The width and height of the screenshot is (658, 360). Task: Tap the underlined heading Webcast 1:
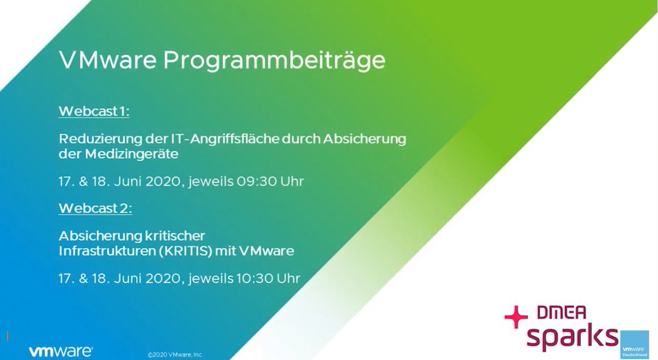click(94, 111)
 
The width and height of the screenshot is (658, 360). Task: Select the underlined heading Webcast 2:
click(95, 208)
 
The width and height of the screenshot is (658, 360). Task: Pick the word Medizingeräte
click(132, 155)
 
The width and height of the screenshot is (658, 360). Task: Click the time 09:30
click(257, 181)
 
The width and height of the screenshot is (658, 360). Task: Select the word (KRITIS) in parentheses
click(185, 252)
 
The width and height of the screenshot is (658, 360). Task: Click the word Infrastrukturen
click(107, 251)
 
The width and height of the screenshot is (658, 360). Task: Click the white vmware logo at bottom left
click(61, 351)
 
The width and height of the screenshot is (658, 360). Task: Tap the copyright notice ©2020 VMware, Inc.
click(175, 355)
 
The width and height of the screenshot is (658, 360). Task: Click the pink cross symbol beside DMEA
click(516, 317)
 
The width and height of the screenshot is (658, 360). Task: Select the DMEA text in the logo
click(561, 312)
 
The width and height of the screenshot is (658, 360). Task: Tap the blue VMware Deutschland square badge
click(634, 345)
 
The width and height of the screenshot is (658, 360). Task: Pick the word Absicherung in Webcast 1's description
click(365, 139)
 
